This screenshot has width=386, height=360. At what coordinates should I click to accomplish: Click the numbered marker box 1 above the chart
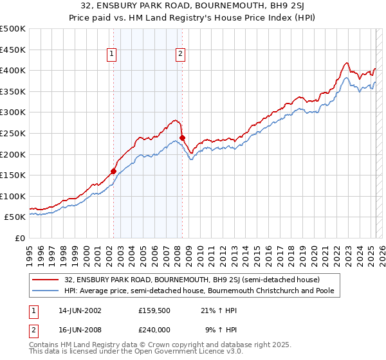coord(113,55)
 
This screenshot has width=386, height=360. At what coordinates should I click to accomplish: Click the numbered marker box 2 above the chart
coord(181,55)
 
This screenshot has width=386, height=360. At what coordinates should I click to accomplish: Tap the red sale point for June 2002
coord(114,171)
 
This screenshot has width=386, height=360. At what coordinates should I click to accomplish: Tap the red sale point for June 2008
coord(182,138)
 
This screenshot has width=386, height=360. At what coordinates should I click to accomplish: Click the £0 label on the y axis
coord(21,238)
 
